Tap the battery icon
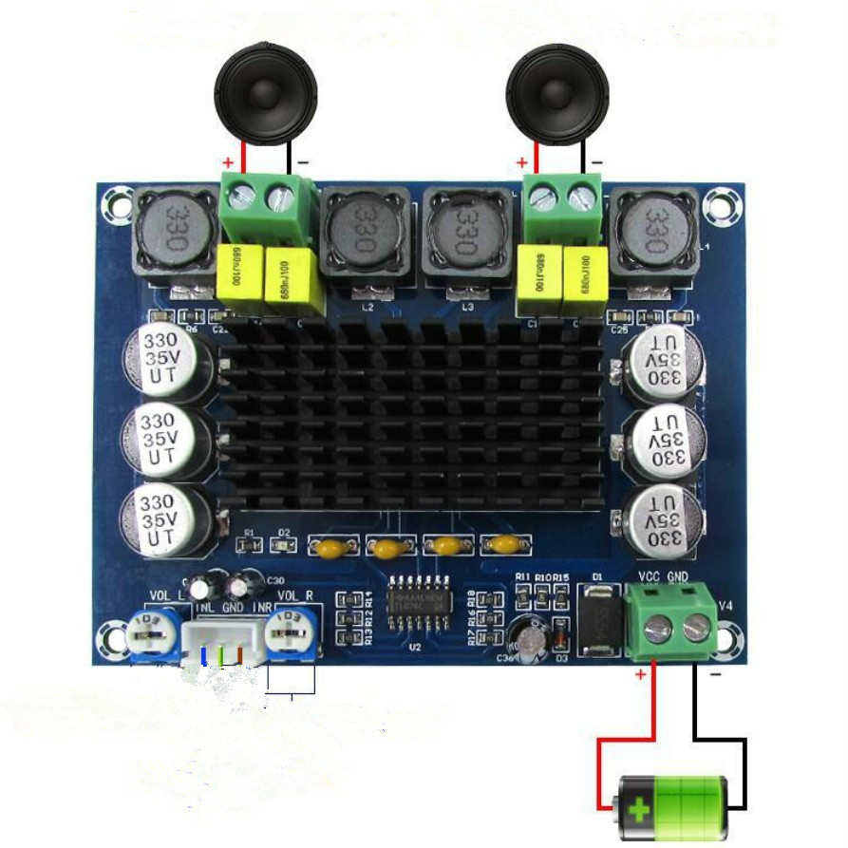671,805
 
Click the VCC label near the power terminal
650,576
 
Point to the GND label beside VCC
678,576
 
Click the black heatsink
410,419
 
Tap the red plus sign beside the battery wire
640,675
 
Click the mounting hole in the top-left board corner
119,201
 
